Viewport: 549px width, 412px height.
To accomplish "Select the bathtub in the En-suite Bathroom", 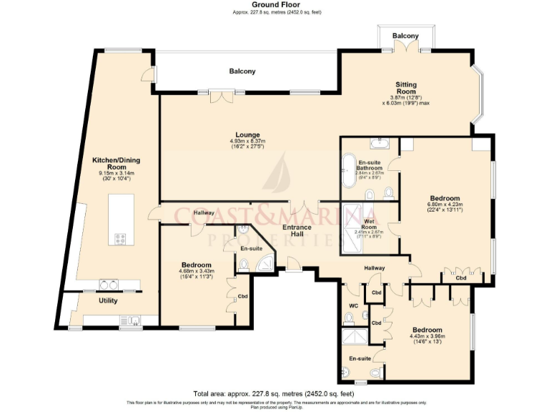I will point(350,170).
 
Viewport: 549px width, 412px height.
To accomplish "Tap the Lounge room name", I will point(248,134).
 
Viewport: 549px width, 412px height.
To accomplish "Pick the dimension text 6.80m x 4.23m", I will point(444,205).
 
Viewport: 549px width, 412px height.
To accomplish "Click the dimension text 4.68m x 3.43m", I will point(196,271).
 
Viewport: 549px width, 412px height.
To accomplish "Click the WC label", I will point(354,306).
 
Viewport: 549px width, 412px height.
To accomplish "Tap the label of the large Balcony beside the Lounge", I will point(242,71).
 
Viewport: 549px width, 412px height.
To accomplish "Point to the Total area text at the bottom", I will point(274,393).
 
